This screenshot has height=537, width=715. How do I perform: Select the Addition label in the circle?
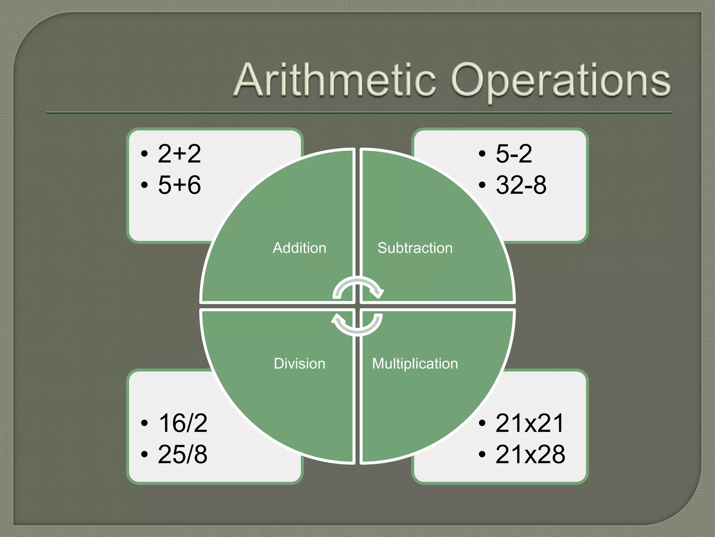click(300, 248)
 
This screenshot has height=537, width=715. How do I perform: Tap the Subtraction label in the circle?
click(415, 248)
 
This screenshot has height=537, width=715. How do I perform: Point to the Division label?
click(300, 364)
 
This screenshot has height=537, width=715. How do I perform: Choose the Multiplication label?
click(415, 364)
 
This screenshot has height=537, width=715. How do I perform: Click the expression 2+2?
click(179, 153)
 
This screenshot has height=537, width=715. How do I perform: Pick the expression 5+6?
click(179, 185)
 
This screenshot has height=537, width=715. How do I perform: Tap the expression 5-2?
click(514, 153)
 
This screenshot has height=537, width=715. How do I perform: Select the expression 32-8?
click(521, 185)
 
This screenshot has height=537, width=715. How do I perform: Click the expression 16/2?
click(183, 423)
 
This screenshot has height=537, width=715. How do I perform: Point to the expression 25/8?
click(183, 454)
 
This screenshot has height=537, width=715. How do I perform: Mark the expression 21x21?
click(530, 423)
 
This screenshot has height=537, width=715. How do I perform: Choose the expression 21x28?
click(530, 454)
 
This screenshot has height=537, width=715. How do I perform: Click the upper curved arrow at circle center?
click(358, 287)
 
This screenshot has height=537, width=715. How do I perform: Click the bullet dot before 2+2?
click(144, 154)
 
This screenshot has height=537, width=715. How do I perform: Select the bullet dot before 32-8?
click(482, 185)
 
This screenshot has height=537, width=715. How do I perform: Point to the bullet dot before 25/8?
click(144, 454)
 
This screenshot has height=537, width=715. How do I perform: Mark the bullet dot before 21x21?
click(482, 423)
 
